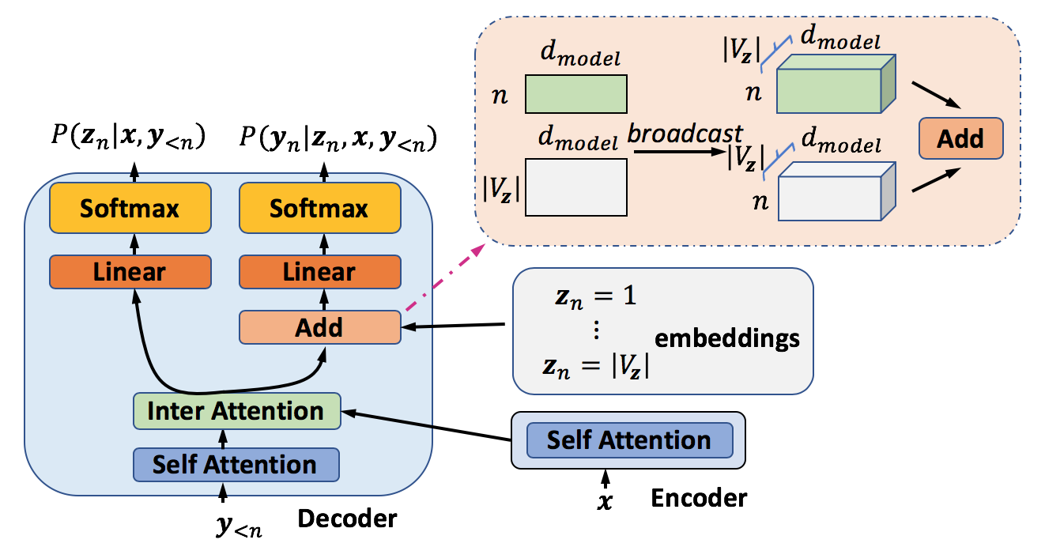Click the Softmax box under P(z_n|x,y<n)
130,209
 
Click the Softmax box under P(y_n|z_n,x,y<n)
319,209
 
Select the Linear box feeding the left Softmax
130,272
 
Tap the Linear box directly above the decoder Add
319,272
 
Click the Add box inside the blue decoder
319,327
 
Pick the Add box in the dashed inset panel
960,139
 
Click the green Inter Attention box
236,412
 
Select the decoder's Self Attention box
236,464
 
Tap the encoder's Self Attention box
629,439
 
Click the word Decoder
347,519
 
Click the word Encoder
698,498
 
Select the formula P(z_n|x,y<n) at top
127,140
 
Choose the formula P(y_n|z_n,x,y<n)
338,140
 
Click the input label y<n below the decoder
237,526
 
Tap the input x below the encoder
605,500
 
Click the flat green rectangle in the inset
576,94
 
